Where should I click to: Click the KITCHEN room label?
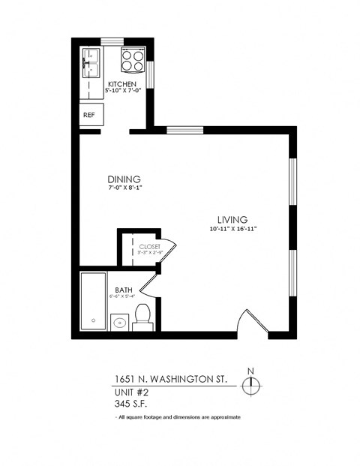click(x=121, y=83)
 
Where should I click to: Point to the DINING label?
click(x=124, y=179)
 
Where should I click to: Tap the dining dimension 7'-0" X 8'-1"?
click(x=124, y=188)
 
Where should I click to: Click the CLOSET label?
click(x=149, y=246)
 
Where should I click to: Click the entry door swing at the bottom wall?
click(x=250, y=321)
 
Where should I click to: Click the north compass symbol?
click(x=253, y=382)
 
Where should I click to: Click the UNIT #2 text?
click(x=131, y=392)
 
